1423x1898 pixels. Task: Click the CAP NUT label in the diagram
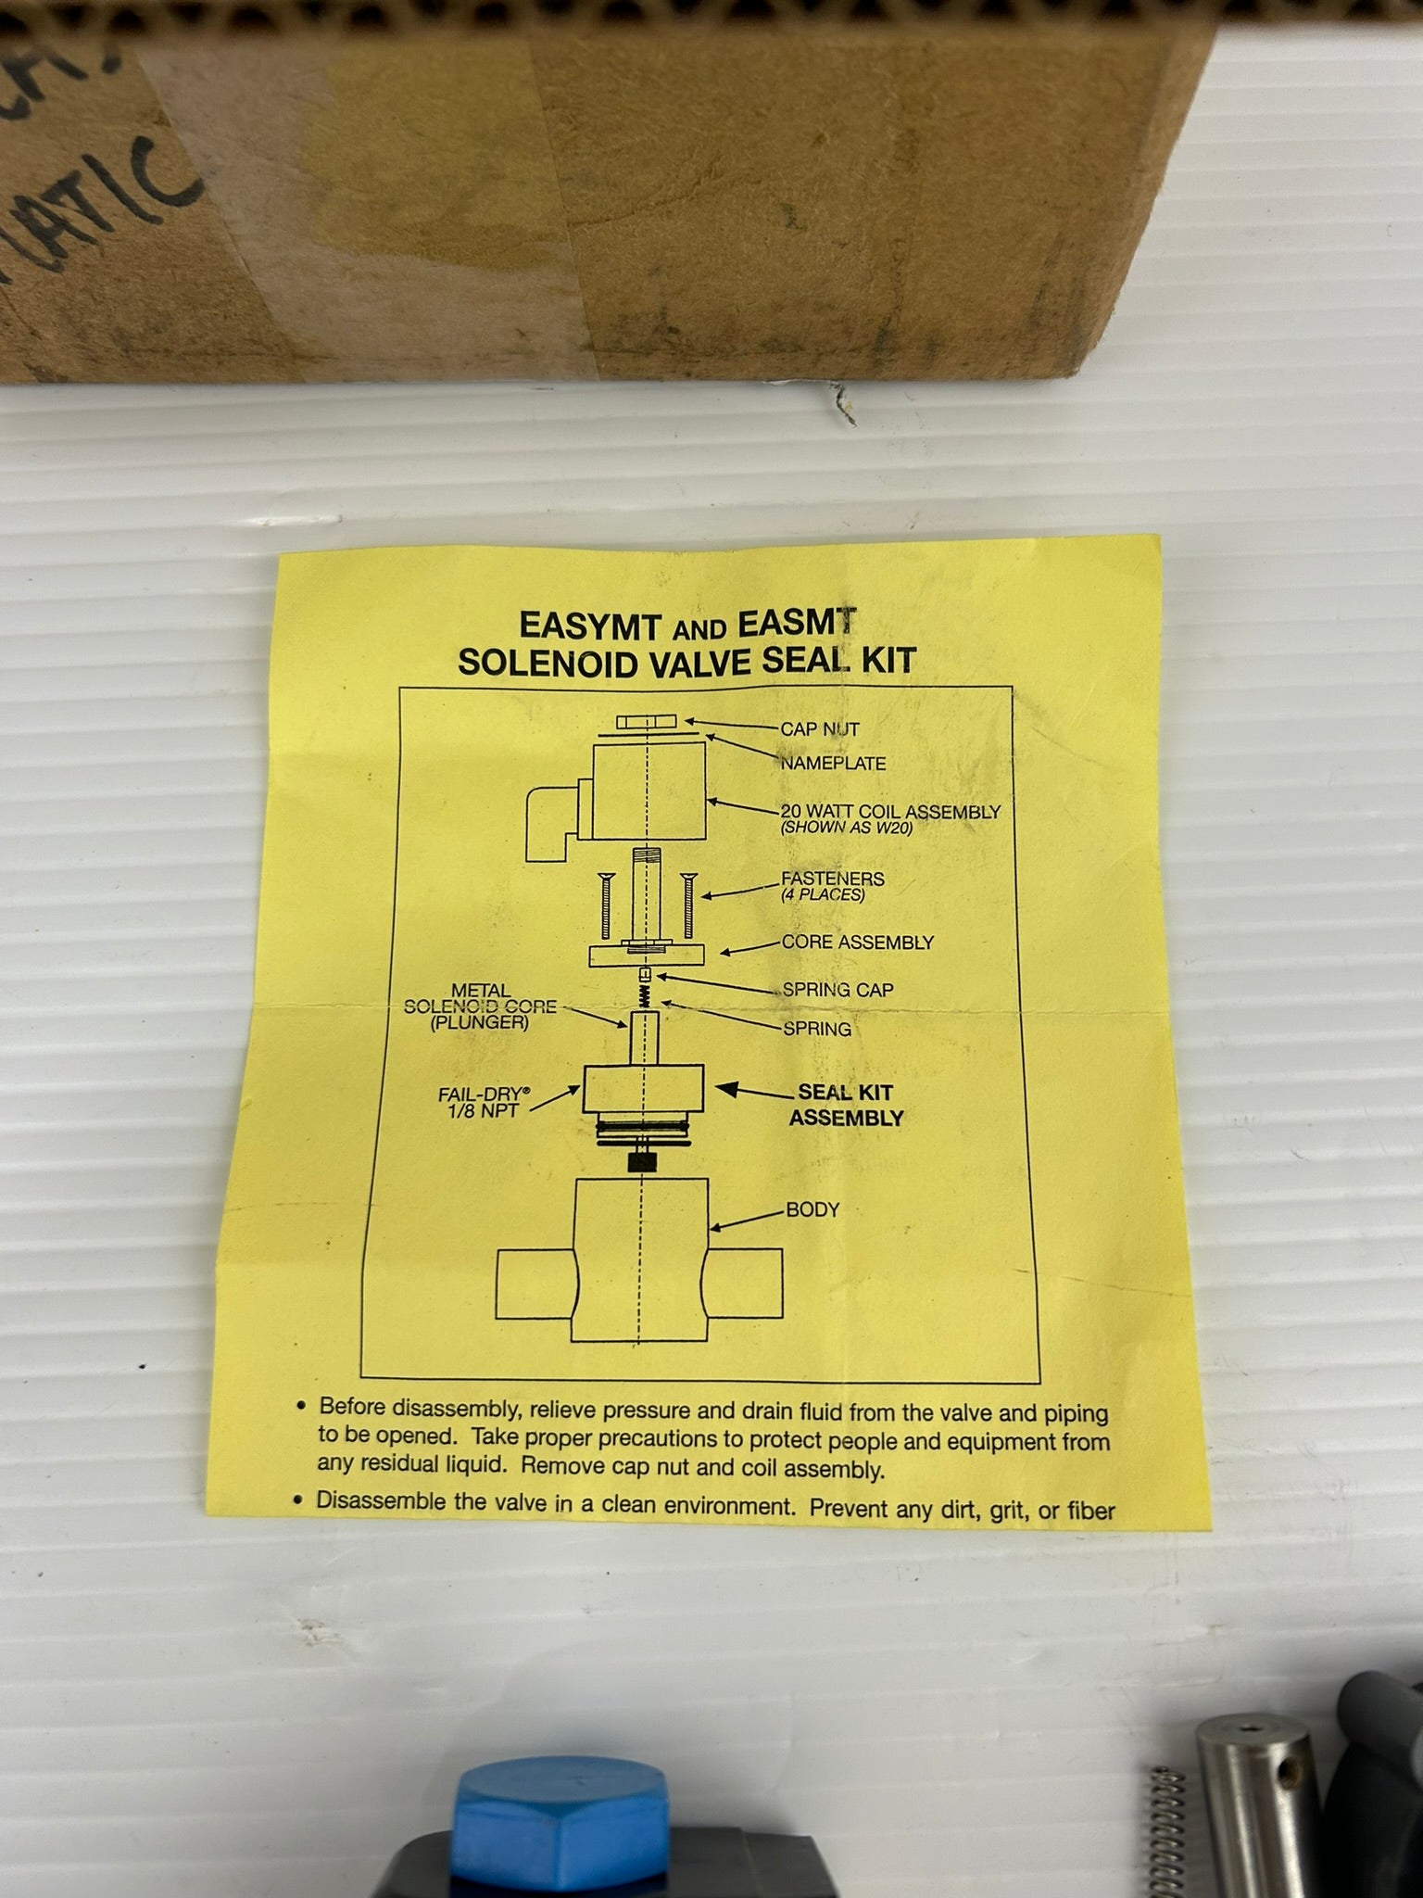(x=819, y=728)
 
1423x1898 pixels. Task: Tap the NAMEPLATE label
(x=832, y=764)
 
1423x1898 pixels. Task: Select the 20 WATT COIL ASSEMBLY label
(x=890, y=812)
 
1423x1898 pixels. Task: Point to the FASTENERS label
(x=832, y=878)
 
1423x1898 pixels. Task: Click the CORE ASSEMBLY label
(x=857, y=943)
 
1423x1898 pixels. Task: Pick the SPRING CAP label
(x=837, y=989)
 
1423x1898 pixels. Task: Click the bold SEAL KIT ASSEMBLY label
(x=845, y=1106)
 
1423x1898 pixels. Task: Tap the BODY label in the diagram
(x=812, y=1209)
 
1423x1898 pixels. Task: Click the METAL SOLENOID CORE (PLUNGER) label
(x=480, y=1006)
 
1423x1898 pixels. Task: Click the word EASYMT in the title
(x=577, y=625)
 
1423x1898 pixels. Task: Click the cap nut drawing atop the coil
(x=645, y=723)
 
